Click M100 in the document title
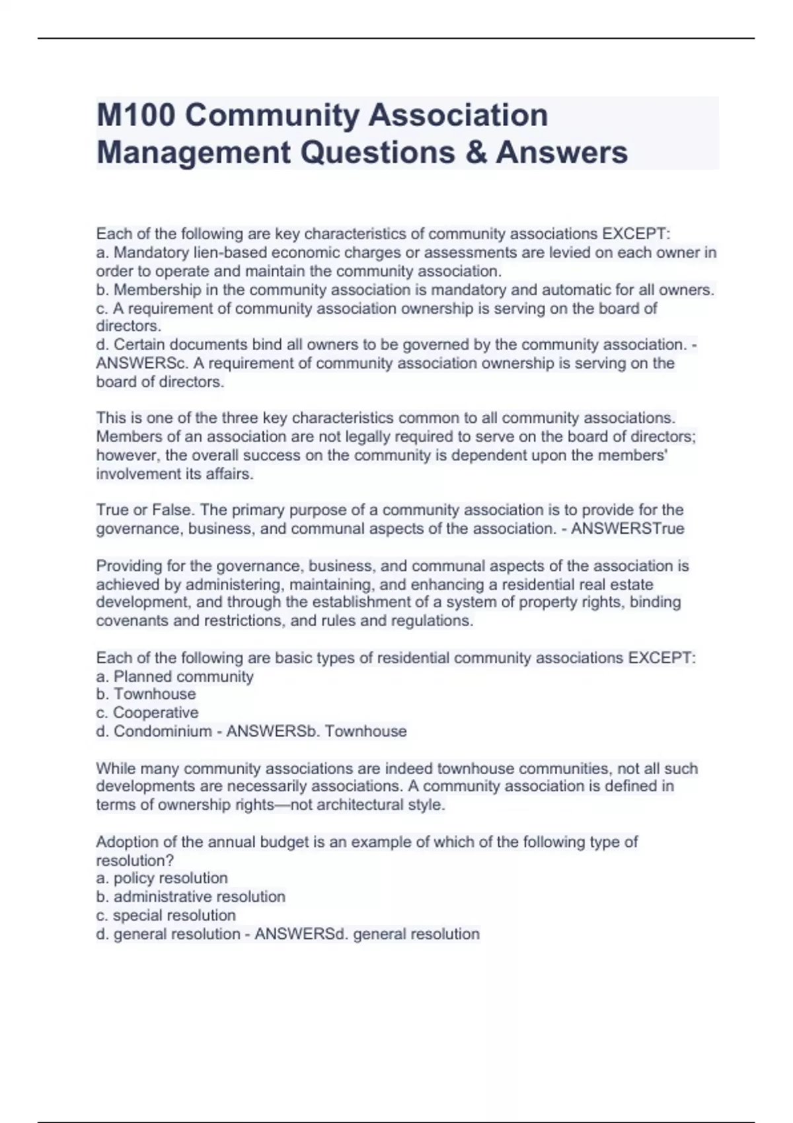(136, 115)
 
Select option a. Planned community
(175, 676)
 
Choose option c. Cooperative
(147, 713)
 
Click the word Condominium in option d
(163, 731)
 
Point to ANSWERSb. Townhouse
(317, 731)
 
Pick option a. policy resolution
(162, 878)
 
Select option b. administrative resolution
(191, 896)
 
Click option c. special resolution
(166, 915)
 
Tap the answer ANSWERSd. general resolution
(367, 933)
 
